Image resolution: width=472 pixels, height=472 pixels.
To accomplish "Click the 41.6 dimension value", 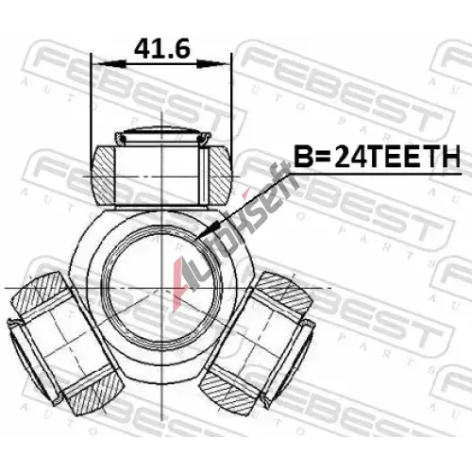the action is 162,49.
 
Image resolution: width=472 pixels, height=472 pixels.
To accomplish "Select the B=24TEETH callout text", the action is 377,156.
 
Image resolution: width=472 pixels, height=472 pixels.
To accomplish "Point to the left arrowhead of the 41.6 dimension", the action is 111,64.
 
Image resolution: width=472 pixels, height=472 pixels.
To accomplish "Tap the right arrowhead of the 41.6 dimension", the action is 211,64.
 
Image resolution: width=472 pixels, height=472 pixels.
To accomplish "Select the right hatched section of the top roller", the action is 220,177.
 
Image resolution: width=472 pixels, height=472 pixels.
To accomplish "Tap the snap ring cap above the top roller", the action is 161,135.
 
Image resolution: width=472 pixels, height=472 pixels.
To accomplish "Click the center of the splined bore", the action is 161,288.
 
